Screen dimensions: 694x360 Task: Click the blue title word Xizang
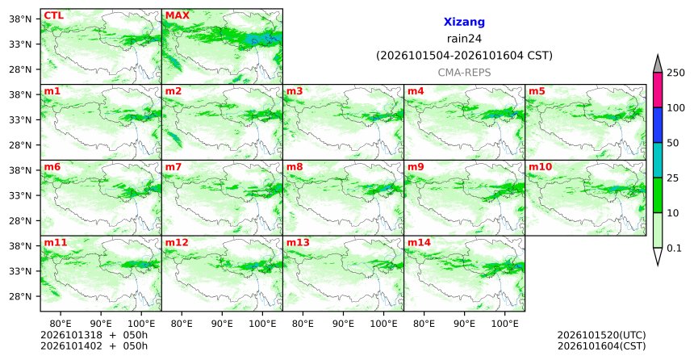pyautogui.click(x=464, y=22)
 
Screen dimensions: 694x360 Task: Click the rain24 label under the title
pyautogui.click(x=464, y=39)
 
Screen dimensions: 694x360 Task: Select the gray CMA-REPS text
pyautogui.click(x=464, y=73)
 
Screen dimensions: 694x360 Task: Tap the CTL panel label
pyautogui.click(x=53, y=15)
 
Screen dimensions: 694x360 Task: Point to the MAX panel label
pyautogui.click(x=177, y=15)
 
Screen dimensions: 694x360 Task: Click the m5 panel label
pyautogui.click(x=537, y=91)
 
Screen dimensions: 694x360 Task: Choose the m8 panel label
pyautogui.click(x=295, y=167)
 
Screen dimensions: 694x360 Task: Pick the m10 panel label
pyautogui.click(x=540, y=167)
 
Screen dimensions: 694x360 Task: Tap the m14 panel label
pyautogui.click(x=419, y=243)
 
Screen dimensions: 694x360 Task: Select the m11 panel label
pyautogui.click(x=56, y=243)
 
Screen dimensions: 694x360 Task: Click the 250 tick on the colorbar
pyautogui.click(x=675, y=73)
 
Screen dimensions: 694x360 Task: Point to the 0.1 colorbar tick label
pyautogui.click(x=674, y=248)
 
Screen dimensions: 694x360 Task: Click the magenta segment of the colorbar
pyautogui.click(x=658, y=90)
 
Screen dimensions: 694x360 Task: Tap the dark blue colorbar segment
pyautogui.click(x=658, y=125)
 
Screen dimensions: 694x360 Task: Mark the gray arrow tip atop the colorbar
pyautogui.click(x=658, y=55)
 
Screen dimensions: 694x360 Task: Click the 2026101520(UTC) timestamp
pyautogui.click(x=601, y=335)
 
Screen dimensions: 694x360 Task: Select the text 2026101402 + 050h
pyautogui.click(x=94, y=345)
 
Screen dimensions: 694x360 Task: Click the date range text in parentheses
pyautogui.click(x=464, y=56)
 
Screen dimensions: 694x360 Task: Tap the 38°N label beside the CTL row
pyautogui.click(x=20, y=19)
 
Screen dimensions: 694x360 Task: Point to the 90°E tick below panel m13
pyautogui.click(x=343, y=324)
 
